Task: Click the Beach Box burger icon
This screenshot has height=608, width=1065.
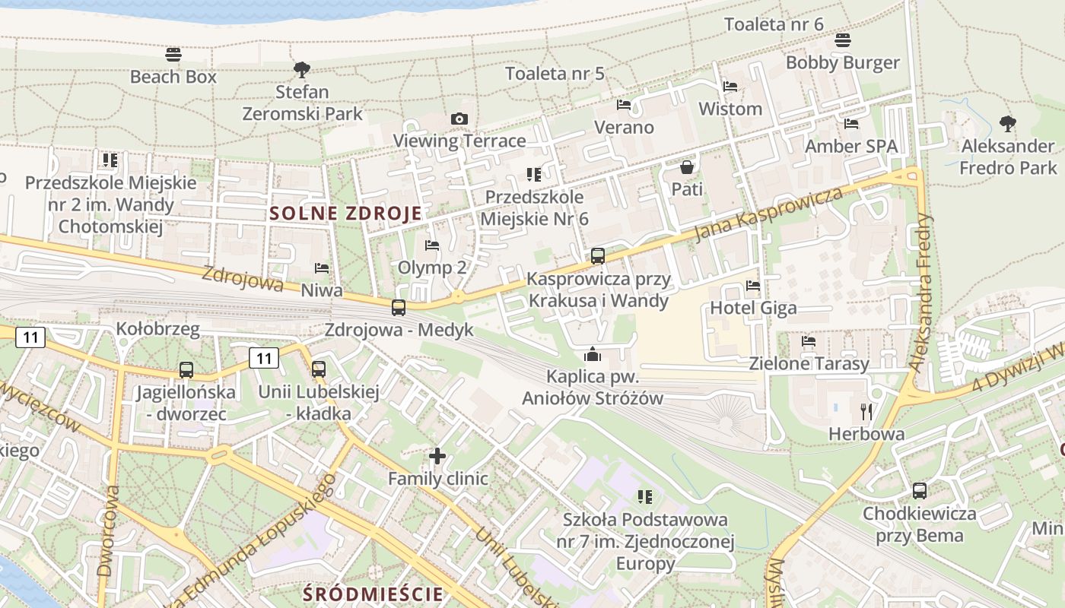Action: (x=173, y=55)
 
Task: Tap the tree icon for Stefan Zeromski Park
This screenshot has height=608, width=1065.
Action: (x=302, y=70)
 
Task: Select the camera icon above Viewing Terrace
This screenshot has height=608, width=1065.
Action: (x=459, y=119)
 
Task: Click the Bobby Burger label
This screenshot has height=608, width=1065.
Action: (x=843, y=62)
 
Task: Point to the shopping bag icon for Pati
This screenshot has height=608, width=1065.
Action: (x=687, y=166)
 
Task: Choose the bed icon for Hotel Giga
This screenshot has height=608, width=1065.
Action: (x=753, y=286)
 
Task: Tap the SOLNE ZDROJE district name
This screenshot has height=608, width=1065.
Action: (x=345, y=214)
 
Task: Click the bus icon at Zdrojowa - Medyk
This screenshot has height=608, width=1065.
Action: (x=399, y=308)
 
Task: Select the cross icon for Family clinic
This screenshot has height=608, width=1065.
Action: (x=437, y=456)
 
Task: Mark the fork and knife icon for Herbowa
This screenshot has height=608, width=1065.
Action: (x=866, y=412)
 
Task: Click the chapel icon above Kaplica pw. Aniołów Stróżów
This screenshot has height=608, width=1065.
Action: (x=593, y=354)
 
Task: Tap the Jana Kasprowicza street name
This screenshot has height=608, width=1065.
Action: (x=768, y=214)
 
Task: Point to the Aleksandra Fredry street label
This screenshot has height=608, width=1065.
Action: (x=922, y=292)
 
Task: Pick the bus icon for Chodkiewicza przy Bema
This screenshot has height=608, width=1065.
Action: (x=919, y=491)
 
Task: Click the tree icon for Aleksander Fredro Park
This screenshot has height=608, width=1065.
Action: (x=1008, y=123)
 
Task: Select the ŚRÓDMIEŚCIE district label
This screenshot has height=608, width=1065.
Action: (x=373, y=594)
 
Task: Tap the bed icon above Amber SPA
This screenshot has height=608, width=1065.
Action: (x=851, y=123)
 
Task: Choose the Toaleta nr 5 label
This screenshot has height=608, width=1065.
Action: (x=555, y=74)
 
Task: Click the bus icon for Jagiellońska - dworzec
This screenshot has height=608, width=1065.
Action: (x=186, y=370)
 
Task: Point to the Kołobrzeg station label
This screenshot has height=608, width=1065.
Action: (x=157, y=329)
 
